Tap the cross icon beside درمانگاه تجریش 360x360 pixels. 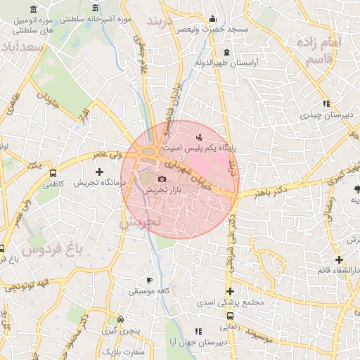(x=98, y=172)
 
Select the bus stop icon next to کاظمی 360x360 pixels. (x=53, y=172)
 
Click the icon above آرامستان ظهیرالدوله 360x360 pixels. (x=226, y=52)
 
